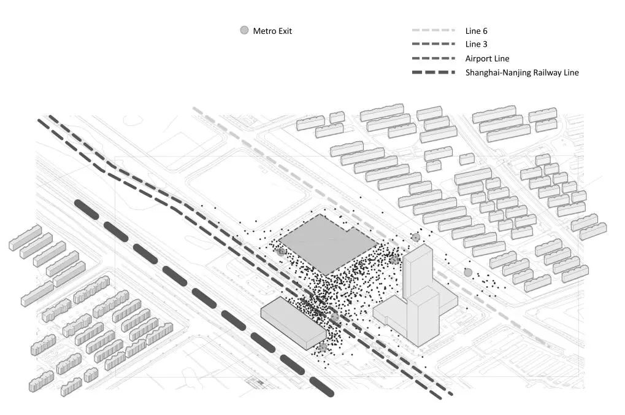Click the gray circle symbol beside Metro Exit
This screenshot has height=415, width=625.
click(244, 31)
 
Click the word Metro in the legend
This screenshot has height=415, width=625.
click(264, 31)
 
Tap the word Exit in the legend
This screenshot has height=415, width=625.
click(285, 31)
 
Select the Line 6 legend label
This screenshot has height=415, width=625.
click(476, 31)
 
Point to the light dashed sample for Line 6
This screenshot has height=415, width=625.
click(433, 30)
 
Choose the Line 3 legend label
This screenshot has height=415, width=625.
click(476, 44)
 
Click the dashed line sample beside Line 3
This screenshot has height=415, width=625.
click(433, 44)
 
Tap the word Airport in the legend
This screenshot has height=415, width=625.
click(479, 58)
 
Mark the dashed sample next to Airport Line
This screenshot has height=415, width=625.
click(433, 58)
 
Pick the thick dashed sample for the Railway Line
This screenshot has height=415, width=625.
click(433, 72)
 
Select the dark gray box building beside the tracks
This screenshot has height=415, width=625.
click(293, 320)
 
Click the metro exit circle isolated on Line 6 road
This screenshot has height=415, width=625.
click(468, 272)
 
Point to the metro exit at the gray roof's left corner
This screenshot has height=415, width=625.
click(281, 251)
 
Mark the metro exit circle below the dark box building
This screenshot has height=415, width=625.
click(323, 347)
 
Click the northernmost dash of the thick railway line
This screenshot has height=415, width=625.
click(86, 209)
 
